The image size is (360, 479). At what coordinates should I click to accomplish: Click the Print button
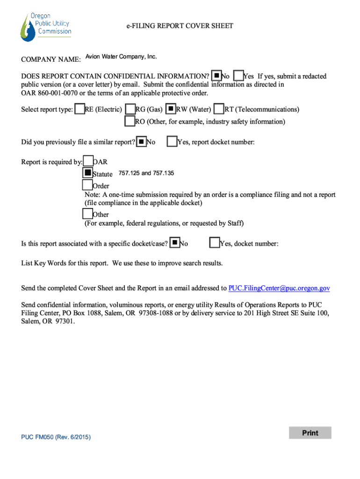pos(310,433)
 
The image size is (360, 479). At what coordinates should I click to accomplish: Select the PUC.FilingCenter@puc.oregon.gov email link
pos(279,288)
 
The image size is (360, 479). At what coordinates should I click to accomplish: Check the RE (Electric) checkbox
pos(79,109)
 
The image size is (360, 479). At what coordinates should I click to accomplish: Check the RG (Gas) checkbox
pos(130,109)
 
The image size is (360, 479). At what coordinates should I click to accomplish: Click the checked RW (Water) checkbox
pos(171,109)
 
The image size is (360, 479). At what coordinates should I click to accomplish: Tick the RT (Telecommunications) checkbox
pos(219,109)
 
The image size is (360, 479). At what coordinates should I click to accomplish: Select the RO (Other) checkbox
pos(130,121)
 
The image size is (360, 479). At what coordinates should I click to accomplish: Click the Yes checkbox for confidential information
pos(238,76)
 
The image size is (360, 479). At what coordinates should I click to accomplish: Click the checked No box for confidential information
pos(216,76)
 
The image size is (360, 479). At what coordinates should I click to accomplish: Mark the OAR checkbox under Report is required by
pos(88,161)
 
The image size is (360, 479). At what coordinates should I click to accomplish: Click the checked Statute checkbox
pos(87,173)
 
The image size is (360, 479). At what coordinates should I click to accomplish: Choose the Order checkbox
pos(87,185)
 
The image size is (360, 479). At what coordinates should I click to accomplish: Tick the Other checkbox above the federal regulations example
pos(87,214)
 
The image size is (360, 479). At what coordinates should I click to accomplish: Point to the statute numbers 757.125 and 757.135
pos(146,174)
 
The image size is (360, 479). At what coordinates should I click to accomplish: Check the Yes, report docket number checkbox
pos(172,141)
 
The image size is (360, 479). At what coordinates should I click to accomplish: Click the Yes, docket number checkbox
pos(215,243)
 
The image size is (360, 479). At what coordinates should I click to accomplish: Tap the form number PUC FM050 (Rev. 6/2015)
pos(56,437)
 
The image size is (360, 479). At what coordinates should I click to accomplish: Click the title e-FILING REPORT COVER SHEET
pos(180,26)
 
